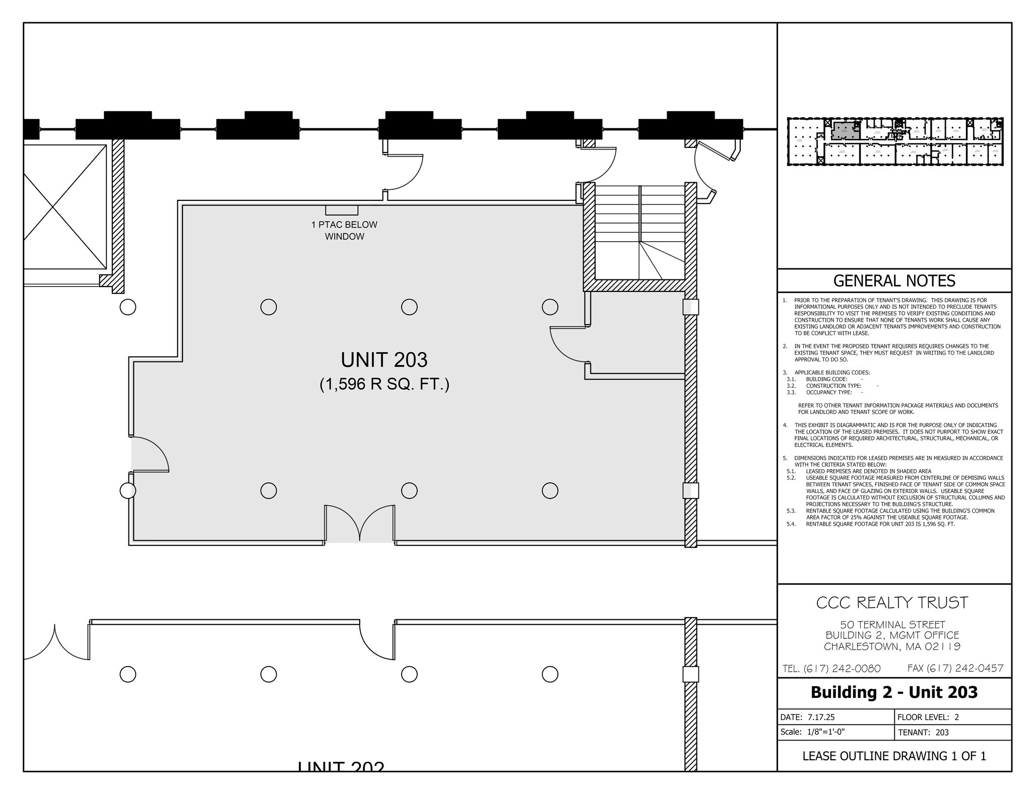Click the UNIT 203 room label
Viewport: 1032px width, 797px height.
384,360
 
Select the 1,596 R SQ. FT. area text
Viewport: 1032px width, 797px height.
384,385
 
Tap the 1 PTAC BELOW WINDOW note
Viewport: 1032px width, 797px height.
344,231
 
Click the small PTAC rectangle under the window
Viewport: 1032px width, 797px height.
342,210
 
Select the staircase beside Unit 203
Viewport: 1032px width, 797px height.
639,232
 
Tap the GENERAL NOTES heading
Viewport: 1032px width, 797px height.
894,281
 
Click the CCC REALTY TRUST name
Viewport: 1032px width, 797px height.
892,603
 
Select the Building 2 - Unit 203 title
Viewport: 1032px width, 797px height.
894,692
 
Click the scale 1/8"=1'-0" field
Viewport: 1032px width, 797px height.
812,732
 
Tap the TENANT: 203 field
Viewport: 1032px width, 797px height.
923,733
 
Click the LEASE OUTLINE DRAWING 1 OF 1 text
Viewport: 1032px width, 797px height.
894,756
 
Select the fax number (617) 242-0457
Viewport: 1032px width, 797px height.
955,668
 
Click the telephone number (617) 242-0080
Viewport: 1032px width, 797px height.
831,669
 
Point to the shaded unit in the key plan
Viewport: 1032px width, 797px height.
845,130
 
